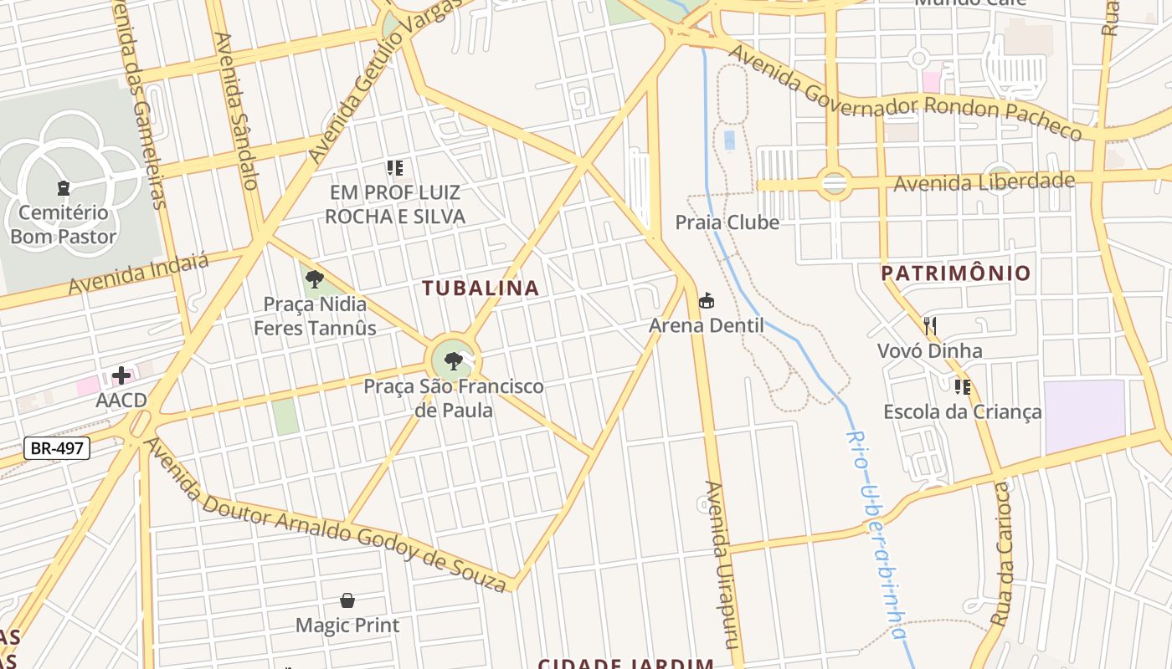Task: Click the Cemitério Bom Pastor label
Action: [64, 224]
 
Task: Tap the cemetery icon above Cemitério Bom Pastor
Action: [64, 187]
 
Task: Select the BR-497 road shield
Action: [57, 448]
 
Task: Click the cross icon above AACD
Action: [121, 375]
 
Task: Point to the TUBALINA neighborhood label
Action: [481, 289]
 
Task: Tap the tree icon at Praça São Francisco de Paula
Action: [454, 361]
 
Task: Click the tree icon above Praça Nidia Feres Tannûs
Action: [315, 279]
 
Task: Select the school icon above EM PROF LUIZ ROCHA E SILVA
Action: [395, 168]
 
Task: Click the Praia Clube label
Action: [727, 222]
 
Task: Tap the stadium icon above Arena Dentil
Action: [707, 300]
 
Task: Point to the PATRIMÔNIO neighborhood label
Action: [955, 273]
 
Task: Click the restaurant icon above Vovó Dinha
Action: [930, 325]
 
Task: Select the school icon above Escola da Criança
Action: [963, 386]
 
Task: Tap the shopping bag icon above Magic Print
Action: [347, 600]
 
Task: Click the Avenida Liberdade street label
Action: [984, 181]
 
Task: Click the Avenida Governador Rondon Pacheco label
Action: [904, 94]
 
